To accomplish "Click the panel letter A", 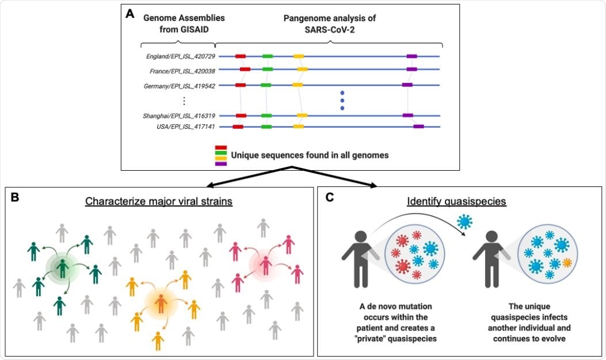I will (131, 13).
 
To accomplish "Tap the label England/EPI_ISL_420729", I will (180, 56).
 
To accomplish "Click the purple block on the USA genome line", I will (418, 127).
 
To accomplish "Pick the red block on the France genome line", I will (245, 69).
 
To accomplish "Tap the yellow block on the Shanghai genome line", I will (302, 116).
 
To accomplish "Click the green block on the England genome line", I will (268, 56).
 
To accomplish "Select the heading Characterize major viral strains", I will (158, 202).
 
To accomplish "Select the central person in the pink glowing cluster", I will (265, 265).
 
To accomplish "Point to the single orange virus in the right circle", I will (567, 262).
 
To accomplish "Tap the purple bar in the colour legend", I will (220, 164).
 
